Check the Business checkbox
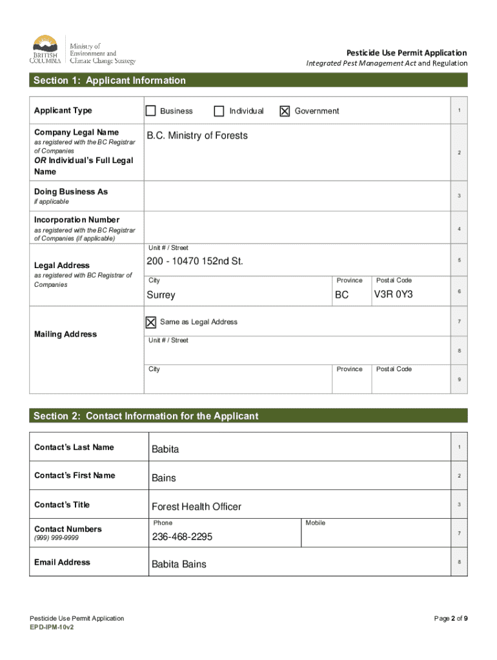click(x=150, y=111)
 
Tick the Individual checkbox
click(x=219, y=111)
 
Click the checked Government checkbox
click(x=285, y=112)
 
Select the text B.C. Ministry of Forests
click(x=197, y=136)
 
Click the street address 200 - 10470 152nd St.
click(x=195, y=261)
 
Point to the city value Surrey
click(x=161, y=295)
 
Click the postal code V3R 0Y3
click(x=394, y=295)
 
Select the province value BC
click(x=341, y=295)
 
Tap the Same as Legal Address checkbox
click(x=151, y=322)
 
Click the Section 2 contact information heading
click(x=146, y=416)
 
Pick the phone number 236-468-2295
click(x=182, y=537)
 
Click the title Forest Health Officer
click(x=196, y=507)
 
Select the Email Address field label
click(x=62, y=562)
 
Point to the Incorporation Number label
click(x=76, y=220)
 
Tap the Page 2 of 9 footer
click(x=451, y=619)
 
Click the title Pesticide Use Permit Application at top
click(x=406, y=53)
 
